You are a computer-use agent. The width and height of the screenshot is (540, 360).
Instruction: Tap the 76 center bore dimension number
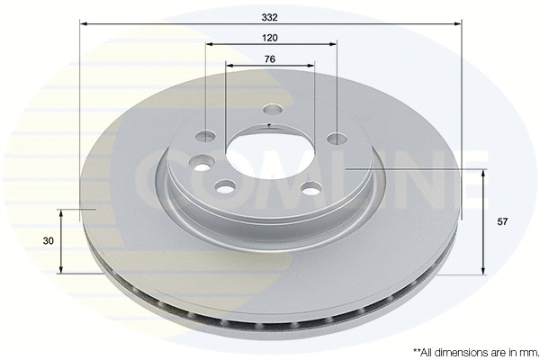click(270, 58)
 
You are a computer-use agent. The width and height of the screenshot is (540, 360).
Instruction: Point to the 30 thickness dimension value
click(49, 241)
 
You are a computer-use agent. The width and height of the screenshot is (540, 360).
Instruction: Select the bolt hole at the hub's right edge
click(337, 138)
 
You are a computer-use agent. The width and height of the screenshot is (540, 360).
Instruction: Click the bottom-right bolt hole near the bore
click(311, 187)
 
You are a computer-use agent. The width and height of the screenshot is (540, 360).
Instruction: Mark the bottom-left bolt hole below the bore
click(225, 186)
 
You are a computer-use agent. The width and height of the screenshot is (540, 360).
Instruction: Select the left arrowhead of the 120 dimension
click(209, 44)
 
